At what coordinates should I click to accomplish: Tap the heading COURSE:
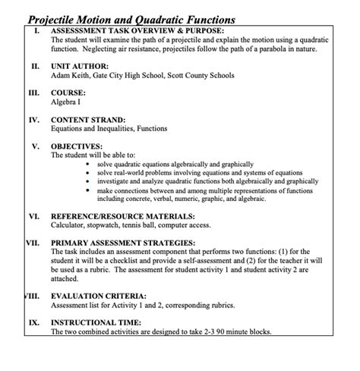point(68,93)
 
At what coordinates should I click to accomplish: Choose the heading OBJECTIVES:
point(76,146)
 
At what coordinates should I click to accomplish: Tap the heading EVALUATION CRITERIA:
point(99,296)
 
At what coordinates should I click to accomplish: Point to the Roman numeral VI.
point(34,216)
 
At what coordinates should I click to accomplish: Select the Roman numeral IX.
point(34,322)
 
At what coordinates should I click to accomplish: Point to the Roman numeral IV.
point(34,120)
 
